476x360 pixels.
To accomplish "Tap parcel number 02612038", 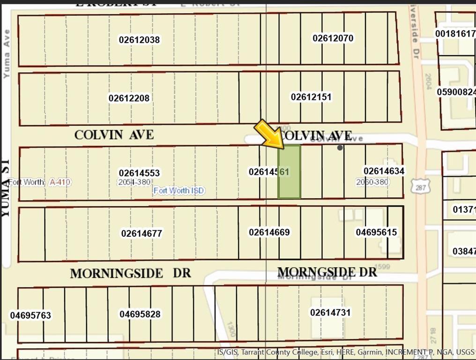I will point(139,40).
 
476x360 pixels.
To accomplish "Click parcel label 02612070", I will point(333,38).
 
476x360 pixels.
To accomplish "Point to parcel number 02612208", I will point(129,98).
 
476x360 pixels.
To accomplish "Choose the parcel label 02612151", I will point(311,97).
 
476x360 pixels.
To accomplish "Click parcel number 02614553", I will point(139,173).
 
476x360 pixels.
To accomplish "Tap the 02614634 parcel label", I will point(384,171).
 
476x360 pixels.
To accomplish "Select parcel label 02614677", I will point(141,233).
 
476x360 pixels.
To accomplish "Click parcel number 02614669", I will point(269,232).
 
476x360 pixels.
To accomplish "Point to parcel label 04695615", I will point(376,232).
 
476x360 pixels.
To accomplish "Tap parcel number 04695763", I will point(30,315).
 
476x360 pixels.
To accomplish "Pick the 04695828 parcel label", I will point(140,314).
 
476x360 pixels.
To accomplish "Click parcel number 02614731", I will point(330,312).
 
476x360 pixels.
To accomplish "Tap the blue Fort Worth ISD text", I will point(179,191).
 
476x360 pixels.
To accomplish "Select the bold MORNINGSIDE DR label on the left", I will point(130,273).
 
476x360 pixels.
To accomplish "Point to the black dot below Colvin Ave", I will point(340,148).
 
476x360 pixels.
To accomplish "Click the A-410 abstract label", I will point(60,182).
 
